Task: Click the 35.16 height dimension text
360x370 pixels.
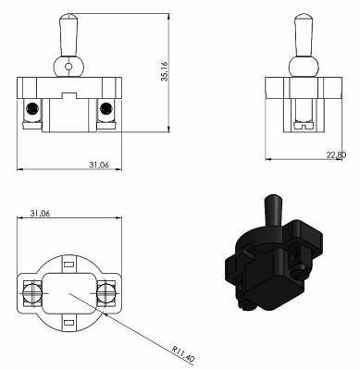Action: [166, 71]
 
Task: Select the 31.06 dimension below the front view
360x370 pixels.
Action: [99, 165]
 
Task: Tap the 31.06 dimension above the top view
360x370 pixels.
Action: [40, 213]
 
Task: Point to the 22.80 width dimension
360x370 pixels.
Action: [336, 155]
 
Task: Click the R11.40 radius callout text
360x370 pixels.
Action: [183, 354]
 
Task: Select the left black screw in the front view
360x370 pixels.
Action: [32, 108]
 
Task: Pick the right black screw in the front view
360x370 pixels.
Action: [106, 108]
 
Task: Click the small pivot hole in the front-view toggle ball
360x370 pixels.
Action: [68, 67]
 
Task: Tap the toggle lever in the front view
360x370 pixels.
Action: [68, 34]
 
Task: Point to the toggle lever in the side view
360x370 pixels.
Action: [304, 34]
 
